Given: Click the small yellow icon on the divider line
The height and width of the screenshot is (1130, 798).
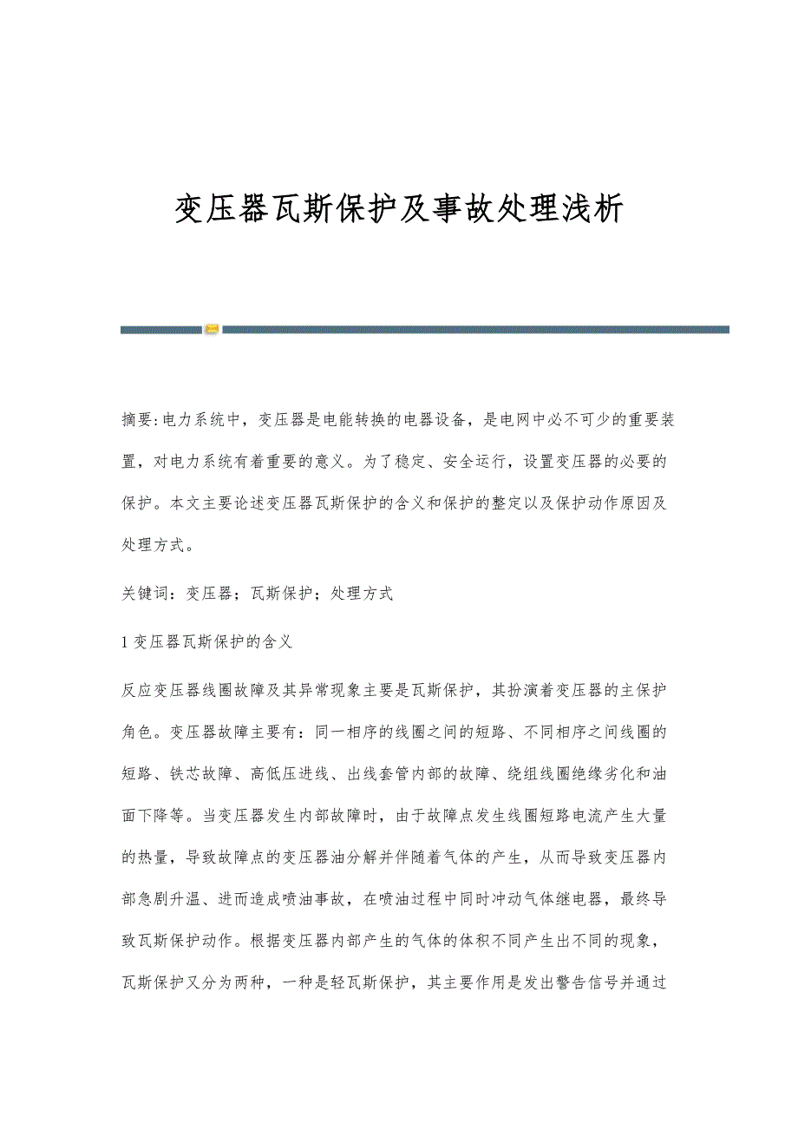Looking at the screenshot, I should pyautogui.click(x=213, y=330).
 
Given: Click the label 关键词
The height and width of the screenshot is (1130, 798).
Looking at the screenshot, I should pyautogui.click(x=143, y=594).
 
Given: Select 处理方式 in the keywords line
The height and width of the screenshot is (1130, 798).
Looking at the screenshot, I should pyautogui.click(x=363, y=594).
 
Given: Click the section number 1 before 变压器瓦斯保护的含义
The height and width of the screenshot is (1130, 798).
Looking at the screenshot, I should pyautogui.click(x=126, y=642).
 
